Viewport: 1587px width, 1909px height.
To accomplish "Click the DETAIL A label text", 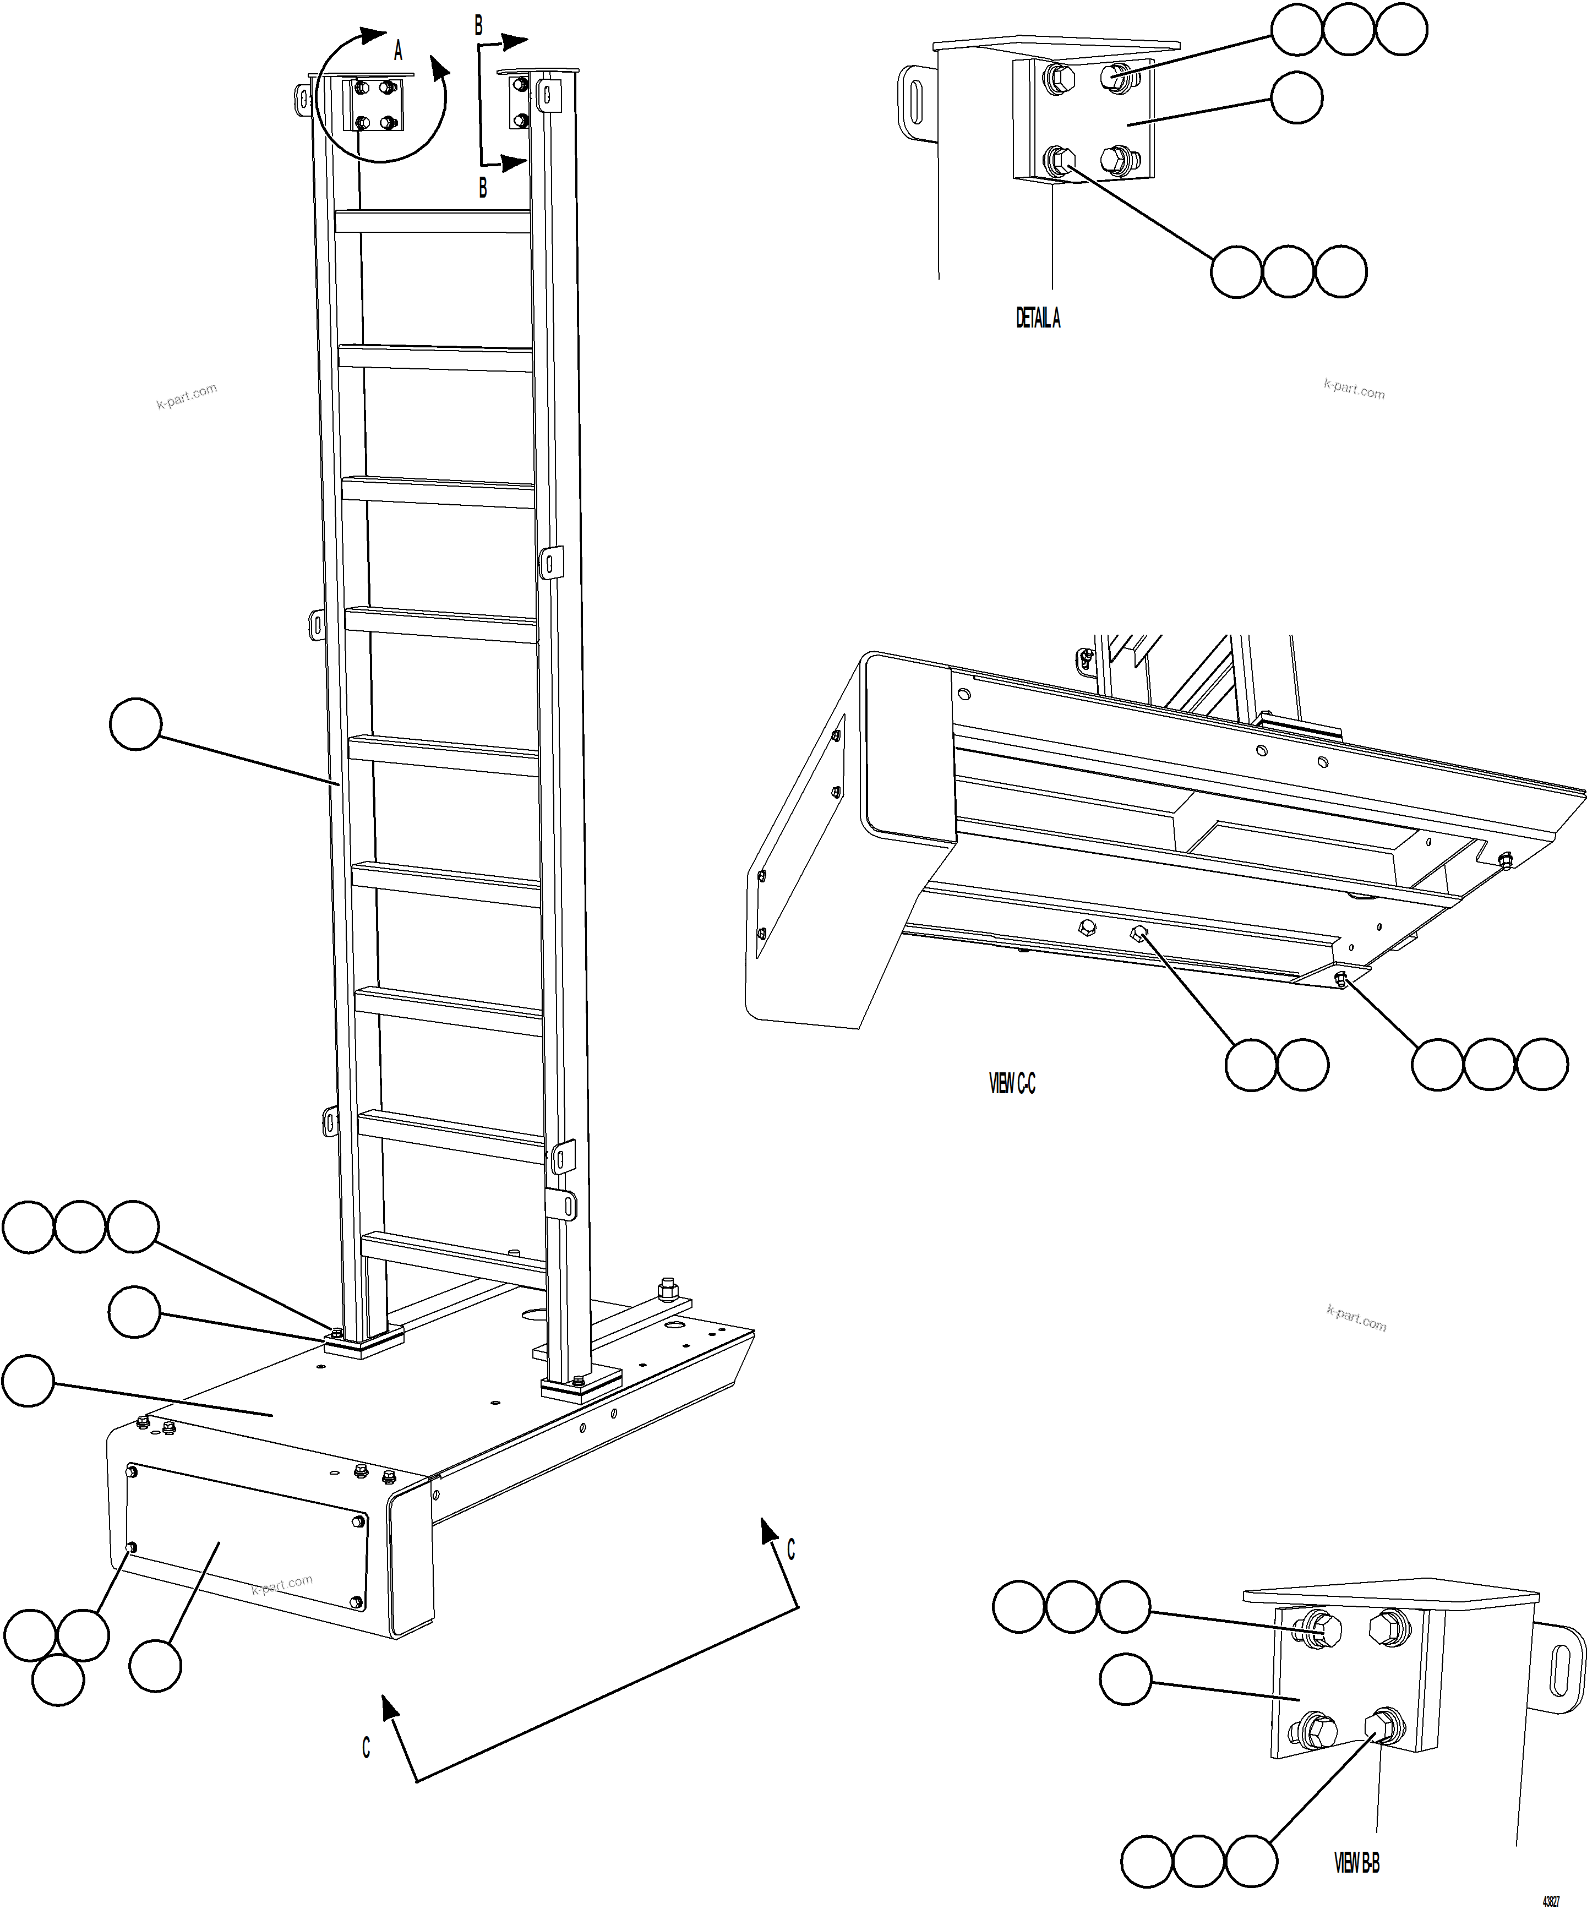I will (x=1037, y=318).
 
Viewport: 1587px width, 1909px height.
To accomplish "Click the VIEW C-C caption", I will (x=1012, y=1084).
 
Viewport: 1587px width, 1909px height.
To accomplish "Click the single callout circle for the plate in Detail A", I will (x=1296, y=98).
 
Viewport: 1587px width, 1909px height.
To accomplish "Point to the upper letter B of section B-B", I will (x=479, y=26).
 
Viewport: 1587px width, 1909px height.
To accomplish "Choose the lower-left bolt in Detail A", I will (x=1060, y=163).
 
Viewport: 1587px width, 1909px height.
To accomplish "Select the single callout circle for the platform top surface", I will (x=28, y=1382).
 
